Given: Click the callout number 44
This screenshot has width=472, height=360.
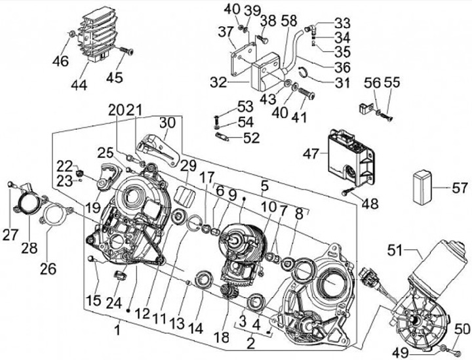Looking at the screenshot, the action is tap(79, 85).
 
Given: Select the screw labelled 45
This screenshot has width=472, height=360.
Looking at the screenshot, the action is tap(127, 51).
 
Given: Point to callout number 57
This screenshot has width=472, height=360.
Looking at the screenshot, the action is tap(460, 188).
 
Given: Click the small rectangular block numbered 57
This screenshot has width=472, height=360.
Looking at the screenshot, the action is tap(422, 186).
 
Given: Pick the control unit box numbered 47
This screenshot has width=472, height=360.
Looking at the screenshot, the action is tap(351, 157).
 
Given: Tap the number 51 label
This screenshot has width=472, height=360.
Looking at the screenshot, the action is tap(395, 250).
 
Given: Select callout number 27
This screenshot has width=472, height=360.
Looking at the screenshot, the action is tap(10, 235).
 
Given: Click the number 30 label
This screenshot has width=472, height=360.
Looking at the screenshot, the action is tap(167, 123).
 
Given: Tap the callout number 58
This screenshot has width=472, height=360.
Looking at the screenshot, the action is tap(288, 20).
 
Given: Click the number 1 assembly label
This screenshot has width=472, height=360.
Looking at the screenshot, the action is tap(118, 330).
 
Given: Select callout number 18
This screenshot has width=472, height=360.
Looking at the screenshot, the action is tap(222, 338).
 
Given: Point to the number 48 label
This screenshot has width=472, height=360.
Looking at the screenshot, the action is tap(370, 204).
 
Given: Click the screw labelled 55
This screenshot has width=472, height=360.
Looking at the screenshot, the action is tap(387, 117).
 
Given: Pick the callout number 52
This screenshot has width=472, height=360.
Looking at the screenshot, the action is tap(251, 138).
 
